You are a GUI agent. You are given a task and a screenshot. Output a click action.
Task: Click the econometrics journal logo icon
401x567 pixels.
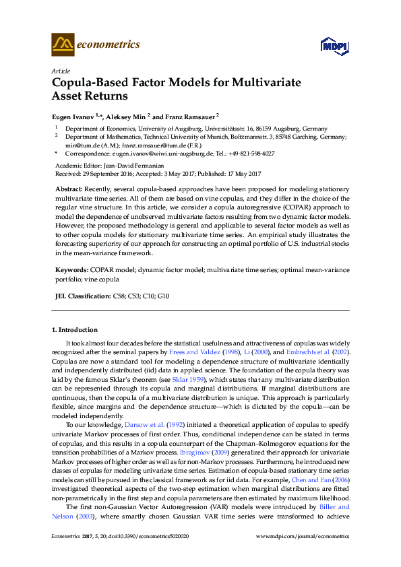tap(63, 44)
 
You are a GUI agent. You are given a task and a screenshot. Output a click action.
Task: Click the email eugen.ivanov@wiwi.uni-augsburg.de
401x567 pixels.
tap(156, 153)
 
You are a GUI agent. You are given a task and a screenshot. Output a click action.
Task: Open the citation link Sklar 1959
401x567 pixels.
tap(192, 380)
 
